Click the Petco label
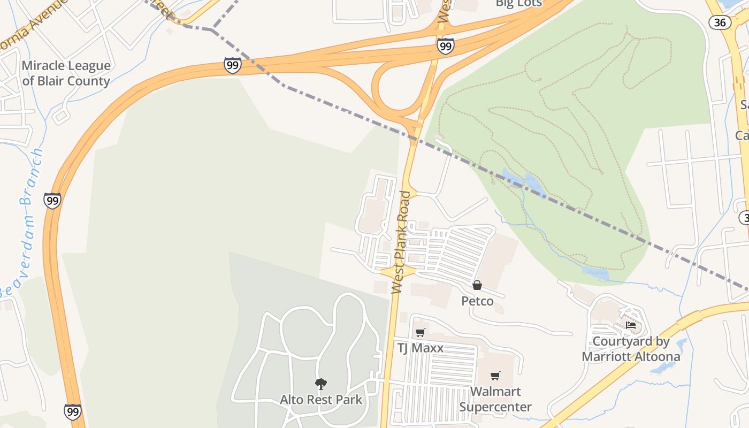coord(477,301)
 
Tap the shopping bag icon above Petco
coord(477,285)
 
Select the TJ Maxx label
coord(420,348)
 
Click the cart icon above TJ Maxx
coord(420,332)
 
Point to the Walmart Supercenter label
coord(495,399)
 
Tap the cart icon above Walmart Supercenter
coord(495,376)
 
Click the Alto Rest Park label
coord(320,400)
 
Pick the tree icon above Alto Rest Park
coord(320,384)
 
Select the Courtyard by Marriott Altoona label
coord(631,349)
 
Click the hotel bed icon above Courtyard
coord(631,325)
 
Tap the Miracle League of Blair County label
coord(66,73)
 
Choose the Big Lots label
coord(518,3)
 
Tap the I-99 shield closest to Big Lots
coord(445,46)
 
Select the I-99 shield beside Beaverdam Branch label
coord(52,201)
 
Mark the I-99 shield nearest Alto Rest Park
coord(72,411)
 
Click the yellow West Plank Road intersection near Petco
coord(398,271)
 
